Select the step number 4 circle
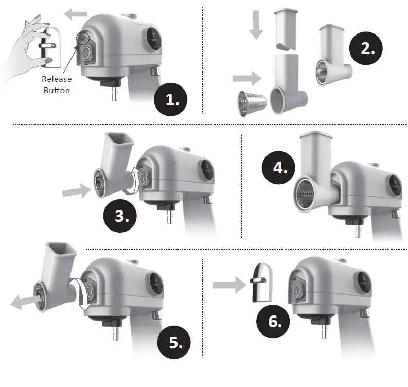tap(280, 168)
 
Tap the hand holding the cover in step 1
tap(26, 44)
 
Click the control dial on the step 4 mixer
tap(394, 185)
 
